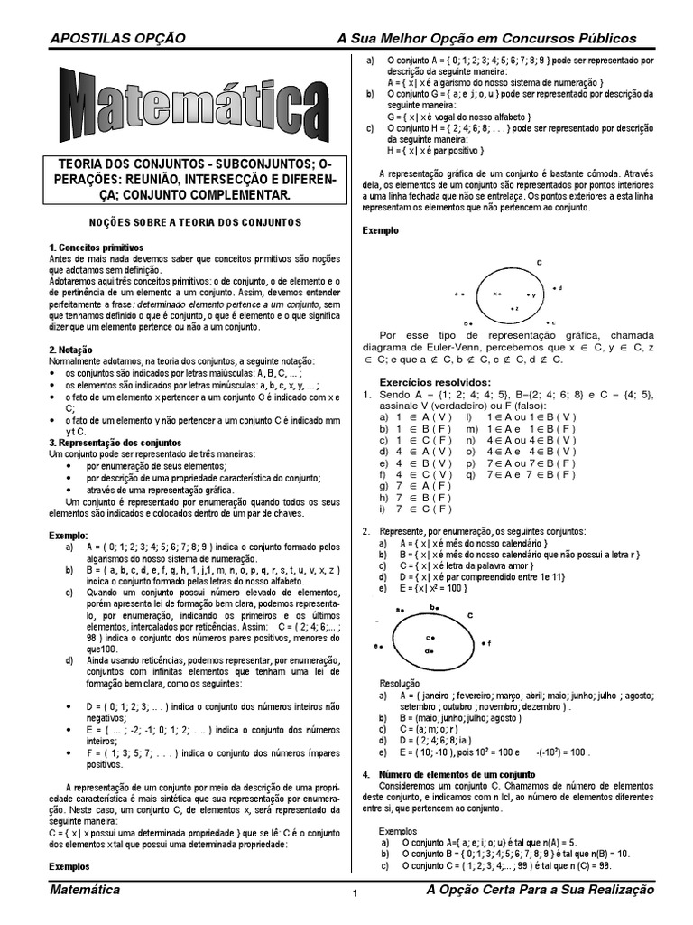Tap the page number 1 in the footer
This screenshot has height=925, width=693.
coord(355,895)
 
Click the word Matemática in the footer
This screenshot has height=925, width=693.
coord(87,891)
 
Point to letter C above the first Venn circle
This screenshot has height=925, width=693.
coord(539,263)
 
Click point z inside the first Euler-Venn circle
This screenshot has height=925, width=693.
coord(513,308)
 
